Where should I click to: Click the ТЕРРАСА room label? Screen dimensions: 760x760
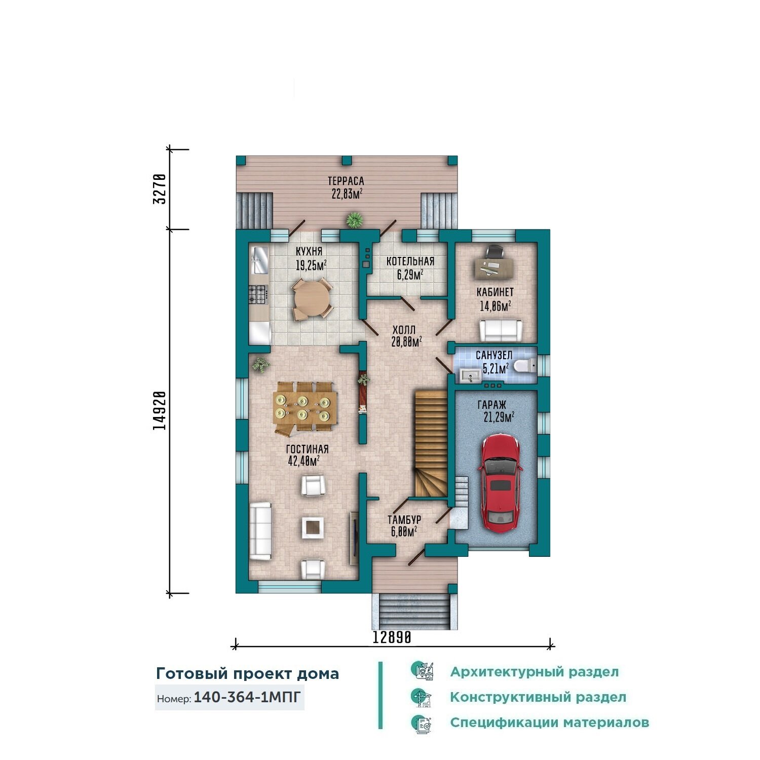tap(346, 181)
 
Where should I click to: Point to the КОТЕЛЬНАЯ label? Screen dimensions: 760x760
tap(410, 261)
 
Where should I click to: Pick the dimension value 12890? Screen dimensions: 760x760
tap(392, 637)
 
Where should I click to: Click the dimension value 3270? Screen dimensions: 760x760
tap(160, 188)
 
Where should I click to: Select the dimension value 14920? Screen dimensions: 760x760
tap(160, 410)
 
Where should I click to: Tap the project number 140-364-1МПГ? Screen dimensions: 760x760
tap(247, 697)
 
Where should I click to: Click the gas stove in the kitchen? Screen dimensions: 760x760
tap(257, 293)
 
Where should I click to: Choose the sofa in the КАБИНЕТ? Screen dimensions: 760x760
tap(501, 330)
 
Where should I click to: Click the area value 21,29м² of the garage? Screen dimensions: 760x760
tap(499, 417)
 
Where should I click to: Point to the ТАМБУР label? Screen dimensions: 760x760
tap(404, 520)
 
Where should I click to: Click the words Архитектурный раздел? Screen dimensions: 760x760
tap(534, 672)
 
